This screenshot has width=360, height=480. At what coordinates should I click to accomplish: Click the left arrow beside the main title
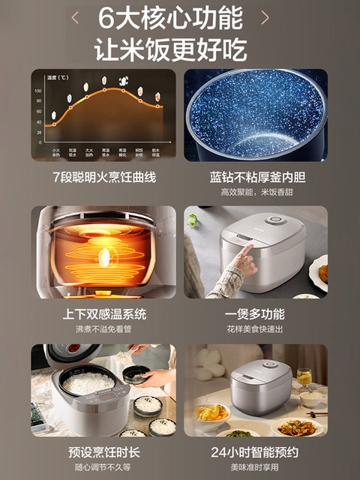click(x=75, y=16)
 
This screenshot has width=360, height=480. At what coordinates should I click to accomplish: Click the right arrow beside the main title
click(x=264, y=16)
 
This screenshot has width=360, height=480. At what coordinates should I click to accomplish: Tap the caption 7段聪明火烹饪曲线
click(x=103, y=178)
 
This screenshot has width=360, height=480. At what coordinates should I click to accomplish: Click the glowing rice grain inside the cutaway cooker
click(x=104, y=257)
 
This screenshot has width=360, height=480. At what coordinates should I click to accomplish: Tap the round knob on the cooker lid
click(x=277, y=220)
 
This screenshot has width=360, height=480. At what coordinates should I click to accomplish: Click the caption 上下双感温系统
click(x=103, y=314)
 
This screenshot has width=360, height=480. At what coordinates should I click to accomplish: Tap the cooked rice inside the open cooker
click(x=88, y=383)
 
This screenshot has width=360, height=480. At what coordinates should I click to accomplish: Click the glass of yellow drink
click(x=303, y=376)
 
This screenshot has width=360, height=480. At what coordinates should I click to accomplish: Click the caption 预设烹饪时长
click(x=103, y=452)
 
